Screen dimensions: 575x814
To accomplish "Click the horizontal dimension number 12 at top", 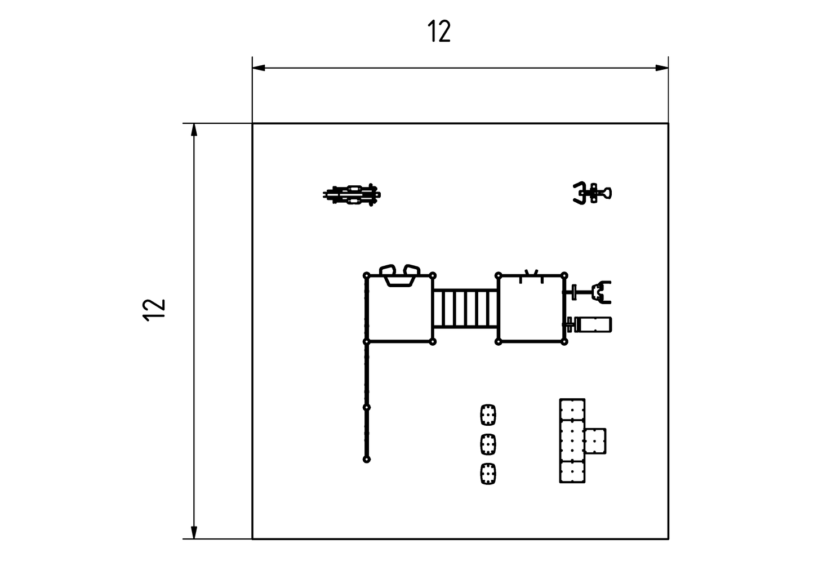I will pyautogui.click(x=439, y=32).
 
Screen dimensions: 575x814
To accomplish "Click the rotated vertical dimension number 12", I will pyautogui.click(x=154, y=310).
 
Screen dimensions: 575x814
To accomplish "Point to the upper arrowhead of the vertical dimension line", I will pyautogui.click(x=194, y=130).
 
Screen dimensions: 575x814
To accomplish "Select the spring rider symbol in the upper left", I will pyautogui.click(x=352, y=195).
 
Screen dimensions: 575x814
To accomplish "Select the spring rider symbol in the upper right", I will pyautogui.click(x=592, y=193).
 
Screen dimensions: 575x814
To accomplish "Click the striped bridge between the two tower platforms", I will pyautogui.click(x=465, y=309).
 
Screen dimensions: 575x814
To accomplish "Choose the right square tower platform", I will pyautogui.click(x=532, y=309).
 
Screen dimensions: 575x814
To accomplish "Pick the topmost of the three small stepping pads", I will pyautogui.click(x=488, y=416).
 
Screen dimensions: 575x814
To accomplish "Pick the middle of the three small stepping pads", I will pyautogui.click(x=488, y=444).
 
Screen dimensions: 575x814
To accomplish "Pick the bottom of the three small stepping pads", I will pyautogui.click(x=488, y=474).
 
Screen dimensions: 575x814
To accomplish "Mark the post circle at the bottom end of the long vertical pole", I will pyautogui.click(x=367, y=460).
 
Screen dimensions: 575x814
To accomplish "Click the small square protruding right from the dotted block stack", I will pyautogui.click(x=595, y=441).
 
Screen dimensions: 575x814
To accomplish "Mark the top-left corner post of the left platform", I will pyautogui.click(x=367, y=275).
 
